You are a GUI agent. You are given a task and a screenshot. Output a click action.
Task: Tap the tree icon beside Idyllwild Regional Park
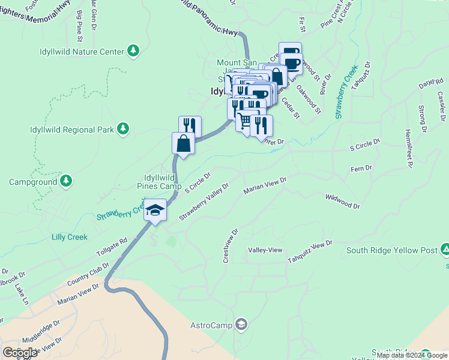coord(123,129)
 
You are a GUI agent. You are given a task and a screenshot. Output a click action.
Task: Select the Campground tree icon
coord(66,181)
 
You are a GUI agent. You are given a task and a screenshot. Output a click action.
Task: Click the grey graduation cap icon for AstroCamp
coord(241,325)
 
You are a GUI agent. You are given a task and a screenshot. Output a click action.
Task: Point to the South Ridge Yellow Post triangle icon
coord(445,249)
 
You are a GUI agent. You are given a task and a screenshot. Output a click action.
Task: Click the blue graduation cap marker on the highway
coord(155,211)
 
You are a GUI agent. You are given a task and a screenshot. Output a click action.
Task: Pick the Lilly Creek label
coord(69,237)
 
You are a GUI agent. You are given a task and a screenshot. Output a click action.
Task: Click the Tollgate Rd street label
coord(115,247)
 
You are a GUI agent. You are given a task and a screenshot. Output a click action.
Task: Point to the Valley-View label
coord(265,250)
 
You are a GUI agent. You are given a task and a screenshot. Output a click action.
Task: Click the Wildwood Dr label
coord(342,201)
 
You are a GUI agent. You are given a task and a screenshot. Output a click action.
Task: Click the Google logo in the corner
coord(20,353)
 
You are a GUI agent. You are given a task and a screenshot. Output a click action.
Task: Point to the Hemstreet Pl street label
coord(409,147)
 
